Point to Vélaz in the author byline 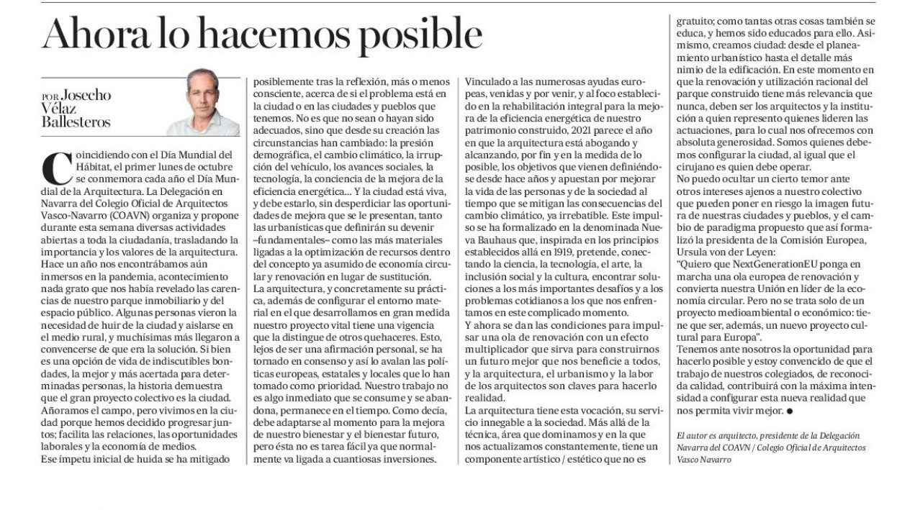(63, 110)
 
